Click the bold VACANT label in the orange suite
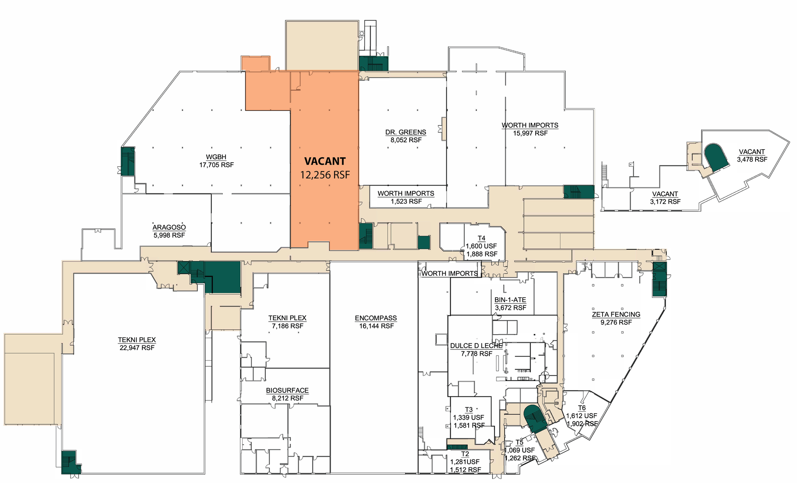click(x=325, y=161)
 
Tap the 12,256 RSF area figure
click(x=325, y=175)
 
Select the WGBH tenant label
click(x=216, y=157)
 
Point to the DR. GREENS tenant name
click(x=406, y=132)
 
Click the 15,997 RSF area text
click(x=530, y=133)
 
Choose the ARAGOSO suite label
click(x=169, y=227)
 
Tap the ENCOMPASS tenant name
click(x=376, y=318)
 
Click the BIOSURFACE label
click(x=287, y=390)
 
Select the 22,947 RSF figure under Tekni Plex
click(x=137, y=348)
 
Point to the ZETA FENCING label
click(x=616, y=314)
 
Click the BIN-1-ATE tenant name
click(x=510, y=300)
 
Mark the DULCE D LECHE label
click(x=476, y=346)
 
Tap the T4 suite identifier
click(x=481, y=239)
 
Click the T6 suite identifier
click(x=582, y=408)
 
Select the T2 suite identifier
click(x=465, y=454)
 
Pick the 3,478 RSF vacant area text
click(x=752, y=160)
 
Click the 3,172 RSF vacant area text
click(x=665, y=202)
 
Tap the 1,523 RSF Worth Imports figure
click(x=406, y=201)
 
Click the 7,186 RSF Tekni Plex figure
click(x=287, y=326)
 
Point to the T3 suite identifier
click(x=469, y=410)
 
